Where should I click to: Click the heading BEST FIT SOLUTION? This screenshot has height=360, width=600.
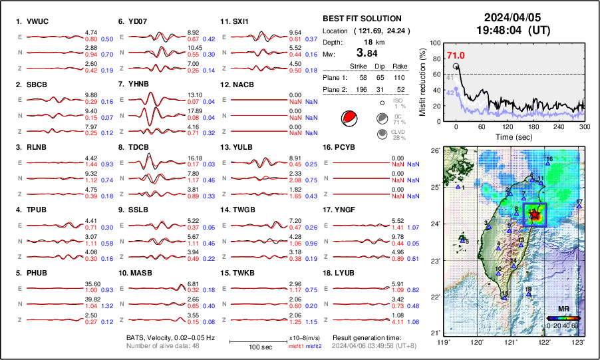pyautogui.click(x=362, y=19)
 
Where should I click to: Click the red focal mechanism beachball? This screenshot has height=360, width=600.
pyautogui.click(x=347, y=118)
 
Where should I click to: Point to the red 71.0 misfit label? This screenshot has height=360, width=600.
pyautogui.click(x=456, y=57)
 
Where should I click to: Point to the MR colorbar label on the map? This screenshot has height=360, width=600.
pyautogui.click(x=563, y=309)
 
